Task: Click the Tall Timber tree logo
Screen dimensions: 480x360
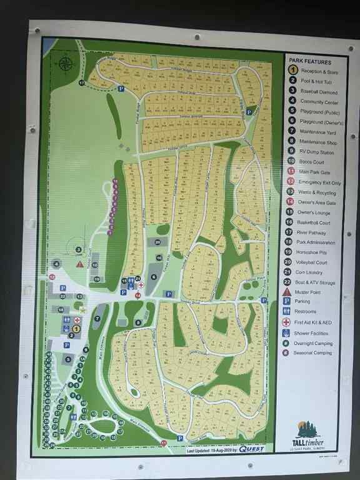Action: [307, 429]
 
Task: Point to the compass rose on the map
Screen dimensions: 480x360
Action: [67, 63]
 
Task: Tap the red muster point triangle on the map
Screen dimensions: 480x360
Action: [79, 264]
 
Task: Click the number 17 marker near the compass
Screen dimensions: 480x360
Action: [82, 82]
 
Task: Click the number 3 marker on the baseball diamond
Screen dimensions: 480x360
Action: [79, 249]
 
